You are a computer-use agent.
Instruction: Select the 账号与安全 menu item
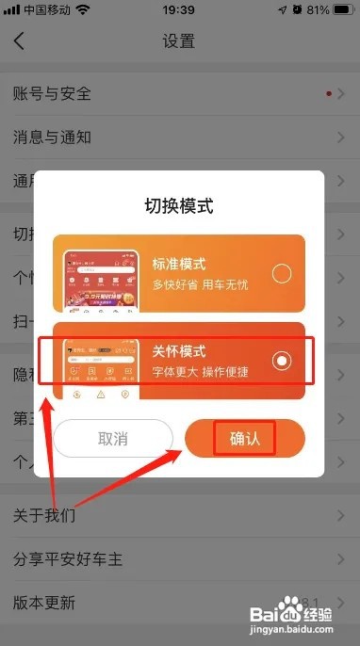click(x=53, y=93)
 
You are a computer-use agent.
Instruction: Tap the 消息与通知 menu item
click(x=53, y=137)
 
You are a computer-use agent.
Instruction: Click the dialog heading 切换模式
click(x=178, y=205)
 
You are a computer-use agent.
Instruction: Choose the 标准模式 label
click(x=179, y=264)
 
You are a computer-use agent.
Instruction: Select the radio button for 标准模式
click(x=281, y=274)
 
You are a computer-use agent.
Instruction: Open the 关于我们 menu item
click(x=45, y=516)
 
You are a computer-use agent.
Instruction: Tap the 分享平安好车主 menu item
click(x=68, y=559)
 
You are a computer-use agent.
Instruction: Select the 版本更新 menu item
click(x=45, y=603)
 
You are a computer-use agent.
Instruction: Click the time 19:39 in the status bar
click(x=178, y=11)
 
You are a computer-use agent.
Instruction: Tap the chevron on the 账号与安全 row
click(x=341, y=93)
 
